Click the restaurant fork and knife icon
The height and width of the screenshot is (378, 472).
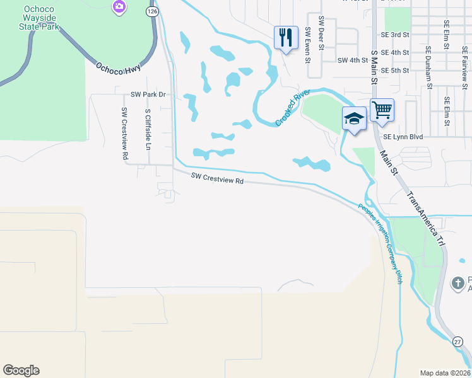286,37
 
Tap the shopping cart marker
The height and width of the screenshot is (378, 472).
382,110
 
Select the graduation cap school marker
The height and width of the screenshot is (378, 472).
354,118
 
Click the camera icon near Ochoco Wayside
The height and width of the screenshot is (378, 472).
119,7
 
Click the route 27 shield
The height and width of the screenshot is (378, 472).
459,341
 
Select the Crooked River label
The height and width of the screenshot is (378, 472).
292,108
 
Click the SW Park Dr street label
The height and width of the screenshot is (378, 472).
148,94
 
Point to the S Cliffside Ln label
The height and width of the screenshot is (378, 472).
148,129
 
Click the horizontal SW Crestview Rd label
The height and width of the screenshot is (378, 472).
217,180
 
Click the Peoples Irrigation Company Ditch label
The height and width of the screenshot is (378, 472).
380,243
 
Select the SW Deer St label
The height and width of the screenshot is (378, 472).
321,33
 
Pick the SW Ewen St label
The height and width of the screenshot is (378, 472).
308,45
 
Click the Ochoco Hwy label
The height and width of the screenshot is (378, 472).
119,68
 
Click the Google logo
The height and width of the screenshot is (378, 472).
21,370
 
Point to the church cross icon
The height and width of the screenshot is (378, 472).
458,283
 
